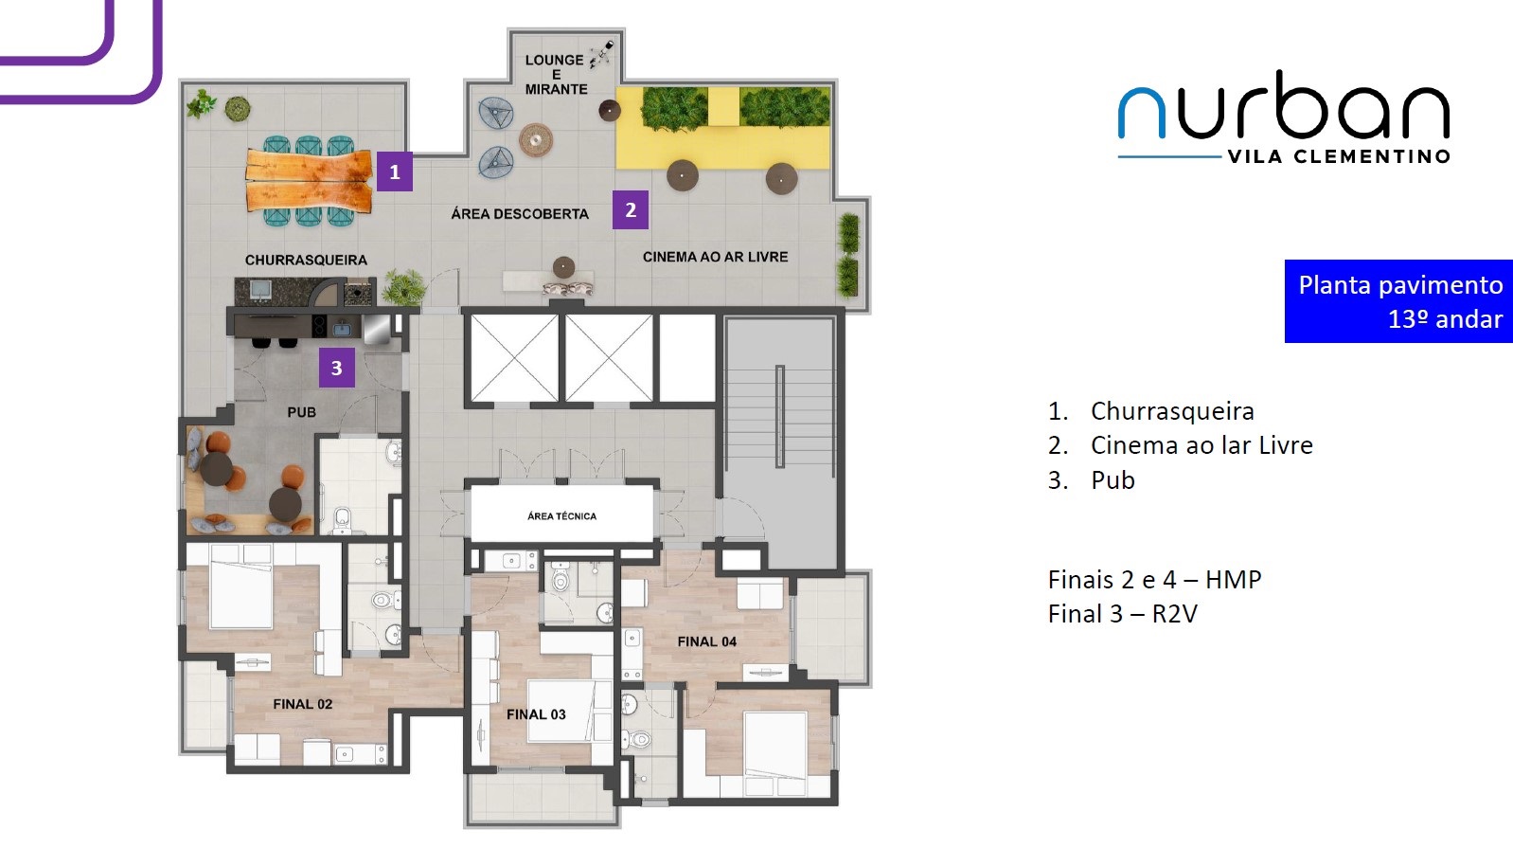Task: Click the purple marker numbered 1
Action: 395,171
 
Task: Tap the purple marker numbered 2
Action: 631,209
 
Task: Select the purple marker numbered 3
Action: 336,368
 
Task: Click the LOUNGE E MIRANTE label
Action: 556,74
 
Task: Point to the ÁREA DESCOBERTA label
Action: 520,214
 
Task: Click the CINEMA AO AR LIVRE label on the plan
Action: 715,257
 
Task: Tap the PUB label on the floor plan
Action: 301,412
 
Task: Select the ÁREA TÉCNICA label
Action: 562,516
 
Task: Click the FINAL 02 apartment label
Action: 303,704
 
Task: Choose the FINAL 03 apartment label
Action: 536,714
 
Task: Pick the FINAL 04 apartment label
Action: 707,641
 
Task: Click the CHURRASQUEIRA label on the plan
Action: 306,261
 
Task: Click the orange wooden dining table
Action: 309,180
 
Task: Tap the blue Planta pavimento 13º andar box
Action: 1398,301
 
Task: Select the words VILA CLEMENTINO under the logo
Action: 1339,156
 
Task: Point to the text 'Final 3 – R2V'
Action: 1123,614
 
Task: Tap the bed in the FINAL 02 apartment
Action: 241,586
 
